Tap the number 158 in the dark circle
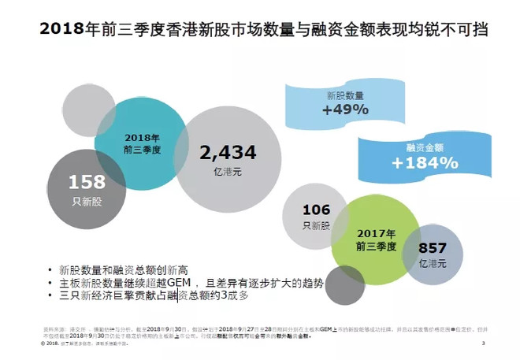click(x=87, y=183)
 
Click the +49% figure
click(x=345, y=109)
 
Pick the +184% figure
click(x=424, y=163)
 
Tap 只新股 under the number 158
click(x=87, y=201)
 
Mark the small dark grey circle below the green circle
click(x=344, y=284)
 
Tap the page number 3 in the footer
click(x=482, y=344)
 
